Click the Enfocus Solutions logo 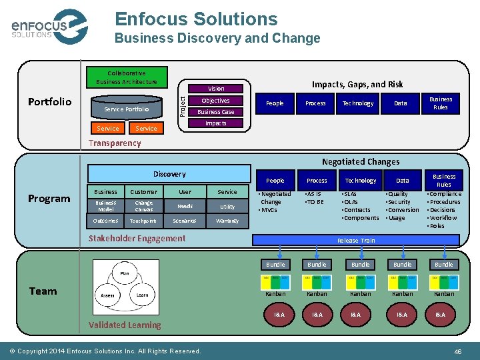click(x=49, y=27)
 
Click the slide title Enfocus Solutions click(x=196, y=19)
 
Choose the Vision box click(x=216, y=88)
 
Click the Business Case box click(x=216, y=112)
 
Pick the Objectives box click(x=216, y=101)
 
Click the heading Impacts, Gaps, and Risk click(x=357, y=84)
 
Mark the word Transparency click(x=115, y=143)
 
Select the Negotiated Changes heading click(x=361, y=161)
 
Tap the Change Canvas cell click(x=143, y=206)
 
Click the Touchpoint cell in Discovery click(x=143, y=221)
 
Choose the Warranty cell click(x=227, y=221)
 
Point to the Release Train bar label click(x=356, y=241)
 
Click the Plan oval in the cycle click(x=124, y=273)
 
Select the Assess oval click(x=107, y=294)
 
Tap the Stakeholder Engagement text click(x=137, y=238)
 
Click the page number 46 click(x=457, y=351)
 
